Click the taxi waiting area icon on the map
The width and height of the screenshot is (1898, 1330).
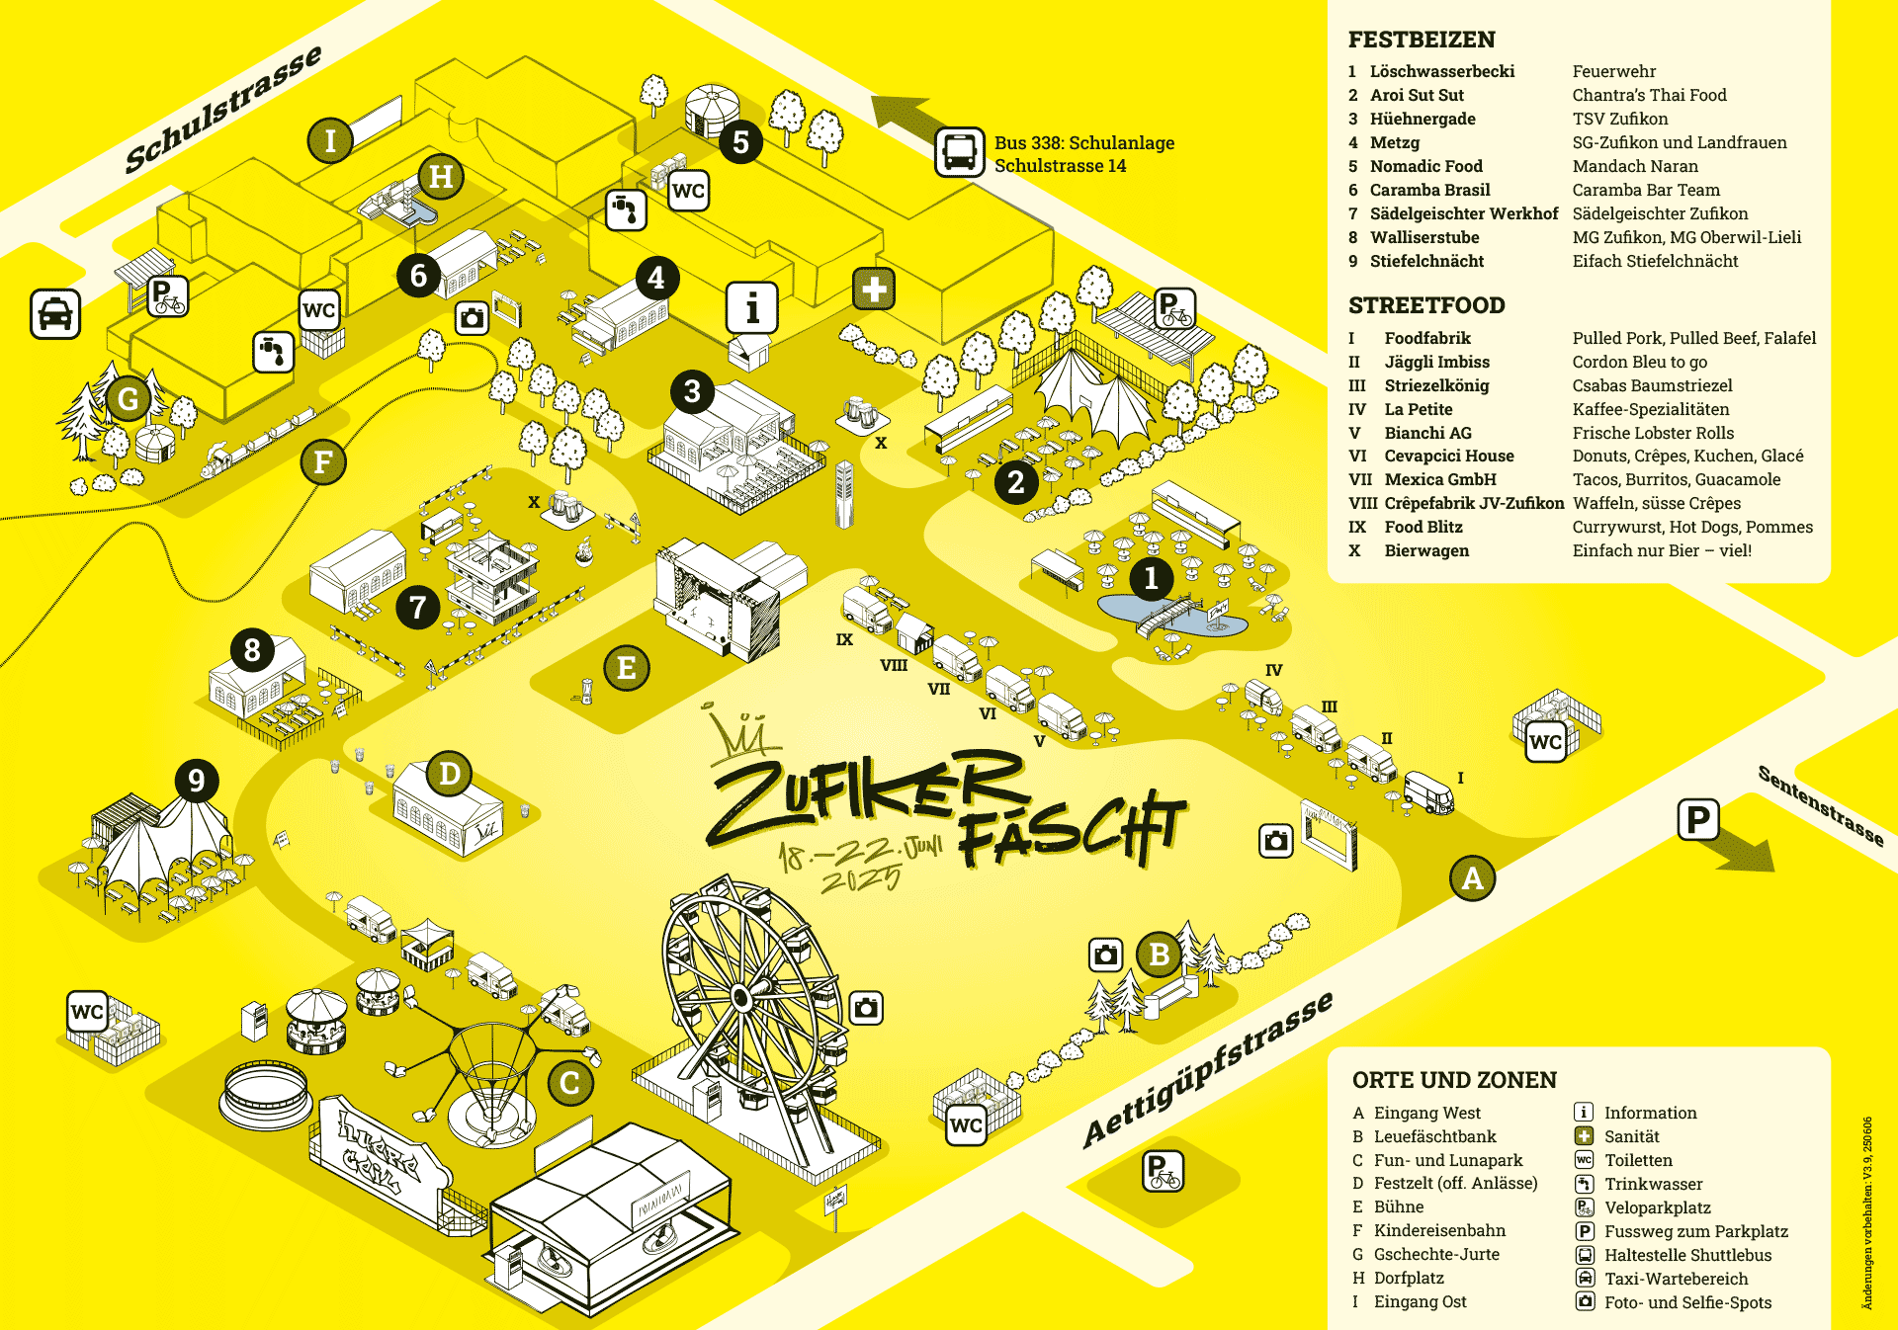coord(55,314)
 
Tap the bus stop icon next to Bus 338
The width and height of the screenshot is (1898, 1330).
coord(959,152)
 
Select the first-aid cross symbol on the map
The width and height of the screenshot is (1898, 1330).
coord(874,290)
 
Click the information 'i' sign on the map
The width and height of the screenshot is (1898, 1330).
coord(752,307)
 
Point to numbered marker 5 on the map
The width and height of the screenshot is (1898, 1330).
coord(740,142)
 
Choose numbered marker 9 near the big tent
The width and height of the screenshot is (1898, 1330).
coord(197,781)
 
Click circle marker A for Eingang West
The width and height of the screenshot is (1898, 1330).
coord(1472,877)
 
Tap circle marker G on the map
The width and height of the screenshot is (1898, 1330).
coord(129,399)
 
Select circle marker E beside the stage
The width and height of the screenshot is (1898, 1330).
coord(626,668)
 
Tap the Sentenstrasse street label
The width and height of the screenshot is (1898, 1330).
coord(1820,805)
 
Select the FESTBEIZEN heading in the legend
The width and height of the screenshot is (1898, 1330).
coord(1421,40)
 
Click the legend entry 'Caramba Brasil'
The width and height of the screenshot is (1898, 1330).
coord(1429,190)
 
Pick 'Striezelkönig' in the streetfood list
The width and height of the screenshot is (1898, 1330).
coord(1435,385)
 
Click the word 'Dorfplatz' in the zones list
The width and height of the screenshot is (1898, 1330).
coord(1408,1278)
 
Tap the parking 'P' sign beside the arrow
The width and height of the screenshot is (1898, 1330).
coord(1697,819)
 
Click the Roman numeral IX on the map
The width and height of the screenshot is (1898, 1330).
coord(844,639)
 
